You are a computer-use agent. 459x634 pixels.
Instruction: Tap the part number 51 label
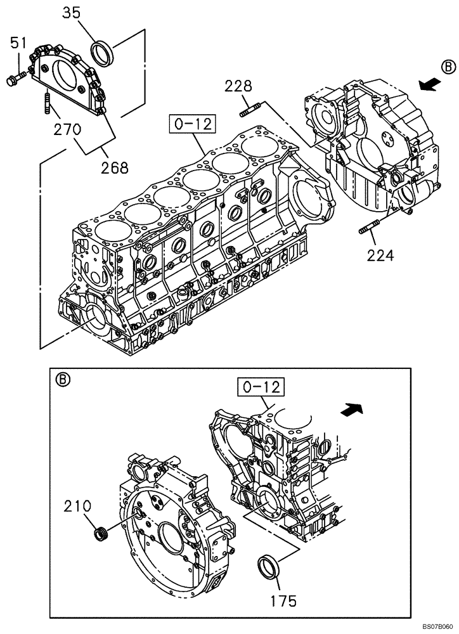tap(18, 44)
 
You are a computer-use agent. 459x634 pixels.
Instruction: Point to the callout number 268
tap(115, 167)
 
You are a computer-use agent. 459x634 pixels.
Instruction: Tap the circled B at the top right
tap(448, 67)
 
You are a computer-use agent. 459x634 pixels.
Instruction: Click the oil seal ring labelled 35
tap(103, 51)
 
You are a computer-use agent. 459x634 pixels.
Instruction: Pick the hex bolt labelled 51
tap(16, 79)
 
